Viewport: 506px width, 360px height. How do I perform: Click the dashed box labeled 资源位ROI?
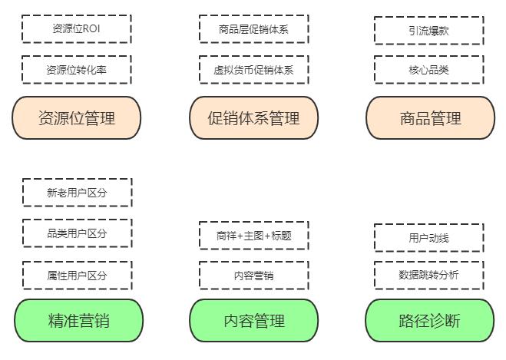point(76,29)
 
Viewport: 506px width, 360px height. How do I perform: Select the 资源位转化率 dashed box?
point(76,70)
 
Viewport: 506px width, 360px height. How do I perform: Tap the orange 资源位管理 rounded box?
point(76,117)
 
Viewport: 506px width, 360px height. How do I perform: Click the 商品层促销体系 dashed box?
point(253,29)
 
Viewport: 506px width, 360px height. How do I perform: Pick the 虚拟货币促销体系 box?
point(253,70)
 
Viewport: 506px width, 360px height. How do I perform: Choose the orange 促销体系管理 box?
point(253,117)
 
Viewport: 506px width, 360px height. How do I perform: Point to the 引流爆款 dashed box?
point(428,31)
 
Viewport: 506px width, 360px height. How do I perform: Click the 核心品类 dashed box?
point(428,70)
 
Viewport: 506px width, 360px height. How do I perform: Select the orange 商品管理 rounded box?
point(430,117)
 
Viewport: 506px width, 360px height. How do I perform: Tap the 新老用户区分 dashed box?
point(77,193)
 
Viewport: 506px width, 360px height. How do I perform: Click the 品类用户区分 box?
point(77,233)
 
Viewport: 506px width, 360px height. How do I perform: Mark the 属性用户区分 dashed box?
point(77,275)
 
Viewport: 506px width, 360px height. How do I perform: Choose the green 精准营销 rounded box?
point(78,320)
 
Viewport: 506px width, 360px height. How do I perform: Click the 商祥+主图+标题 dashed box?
point(253,236)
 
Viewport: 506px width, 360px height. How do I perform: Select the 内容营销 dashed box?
point(253,275)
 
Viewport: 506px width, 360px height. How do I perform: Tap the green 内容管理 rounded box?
point(253,320)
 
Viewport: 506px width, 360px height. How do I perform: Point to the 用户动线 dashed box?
point(428,238)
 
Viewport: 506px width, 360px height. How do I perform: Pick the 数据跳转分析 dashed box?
point(428,275)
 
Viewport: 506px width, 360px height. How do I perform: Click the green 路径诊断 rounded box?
point(429,320)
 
